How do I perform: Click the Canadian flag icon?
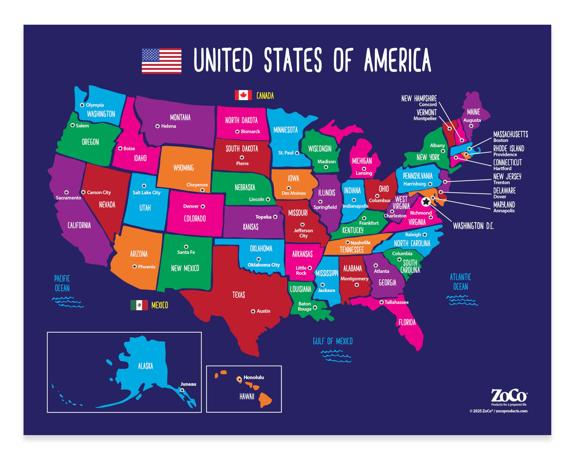coord(243,95)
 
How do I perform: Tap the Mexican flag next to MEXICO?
coord(139,305)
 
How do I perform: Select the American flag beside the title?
coord(162,61)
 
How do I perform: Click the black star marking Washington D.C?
coord(426,202)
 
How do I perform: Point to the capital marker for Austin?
coord(253,311)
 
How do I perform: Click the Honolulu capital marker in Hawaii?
coord(239,379)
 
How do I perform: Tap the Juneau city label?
coord(188,384)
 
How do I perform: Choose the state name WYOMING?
coord(184,168)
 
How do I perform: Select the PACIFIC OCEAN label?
coord(62,283)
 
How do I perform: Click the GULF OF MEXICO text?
coord(333,341)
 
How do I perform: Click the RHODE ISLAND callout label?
coord(509,148)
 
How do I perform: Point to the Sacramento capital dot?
coord(66,192)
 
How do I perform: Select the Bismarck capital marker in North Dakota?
coord(237,131)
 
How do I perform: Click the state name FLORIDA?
coord(407,322)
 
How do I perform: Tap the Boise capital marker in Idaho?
coord(120,148)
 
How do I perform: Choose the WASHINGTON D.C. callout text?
coord(473,226)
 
